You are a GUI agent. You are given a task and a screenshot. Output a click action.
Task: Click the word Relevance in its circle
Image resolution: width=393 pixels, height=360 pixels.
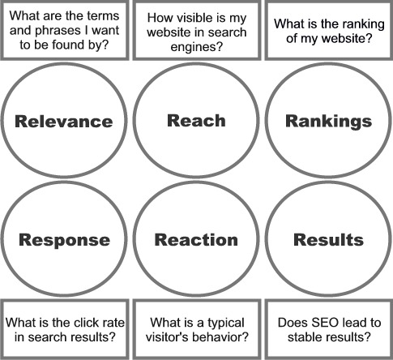pyautogui.click(x=64, y=121)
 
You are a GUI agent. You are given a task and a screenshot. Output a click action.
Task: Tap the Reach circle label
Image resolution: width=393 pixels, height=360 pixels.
pyautogui.click(x=196, y=120)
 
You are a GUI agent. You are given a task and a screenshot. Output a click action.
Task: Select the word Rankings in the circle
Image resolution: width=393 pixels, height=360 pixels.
pyautogui.click(x=329, y=121)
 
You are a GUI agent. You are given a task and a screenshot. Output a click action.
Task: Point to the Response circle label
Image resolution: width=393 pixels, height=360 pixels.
pyautogui.click(x=64, y=240)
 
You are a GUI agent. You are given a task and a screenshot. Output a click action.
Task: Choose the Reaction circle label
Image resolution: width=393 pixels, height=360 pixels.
pyautogui.click(x=196, y=240)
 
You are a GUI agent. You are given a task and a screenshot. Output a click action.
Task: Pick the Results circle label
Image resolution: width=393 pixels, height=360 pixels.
pyautogui.click(x=328, y=240)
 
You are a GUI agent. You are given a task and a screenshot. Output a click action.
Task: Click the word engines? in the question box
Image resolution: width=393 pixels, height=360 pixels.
pyautogui.click(x=197, y=47)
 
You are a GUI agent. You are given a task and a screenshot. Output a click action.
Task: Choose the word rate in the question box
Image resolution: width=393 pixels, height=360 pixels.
pyautogui.click(x=113, y=323)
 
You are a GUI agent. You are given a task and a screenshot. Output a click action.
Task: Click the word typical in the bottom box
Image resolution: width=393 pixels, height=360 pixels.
pyautogui.click(x=226, y=324)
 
